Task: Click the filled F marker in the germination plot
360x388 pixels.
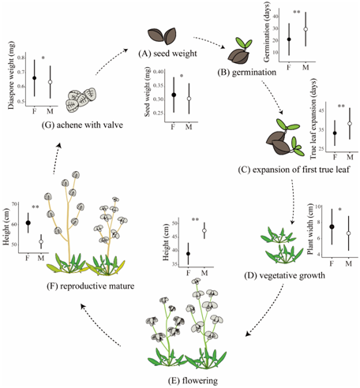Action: tap(289, 39)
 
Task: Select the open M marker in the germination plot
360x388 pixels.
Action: tap(306, 29)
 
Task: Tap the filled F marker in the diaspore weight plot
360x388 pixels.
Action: tap(34, 78)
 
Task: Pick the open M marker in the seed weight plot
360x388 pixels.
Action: tap(189, 99)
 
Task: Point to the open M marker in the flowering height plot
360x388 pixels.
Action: tap(204, 230)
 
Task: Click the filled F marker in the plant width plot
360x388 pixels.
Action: tap(332, 226)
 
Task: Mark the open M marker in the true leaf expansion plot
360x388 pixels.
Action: tap(350, 123)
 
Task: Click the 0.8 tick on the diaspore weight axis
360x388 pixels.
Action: tap(21, 58)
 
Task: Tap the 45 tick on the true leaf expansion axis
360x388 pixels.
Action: tap(321, 110)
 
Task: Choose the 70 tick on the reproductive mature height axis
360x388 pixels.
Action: tap(14, 204)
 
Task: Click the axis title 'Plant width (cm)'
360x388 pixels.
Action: tap(310, 229)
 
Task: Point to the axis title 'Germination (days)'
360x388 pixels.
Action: tap(267, 32)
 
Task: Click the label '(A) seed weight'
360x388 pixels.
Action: tap(168, 54)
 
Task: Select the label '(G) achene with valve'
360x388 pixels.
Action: tap(82, 125)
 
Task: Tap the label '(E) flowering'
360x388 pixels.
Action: tap(193, 380)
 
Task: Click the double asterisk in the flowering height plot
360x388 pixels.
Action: tap(195, 219)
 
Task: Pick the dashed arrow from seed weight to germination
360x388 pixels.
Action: tap(209, 42)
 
